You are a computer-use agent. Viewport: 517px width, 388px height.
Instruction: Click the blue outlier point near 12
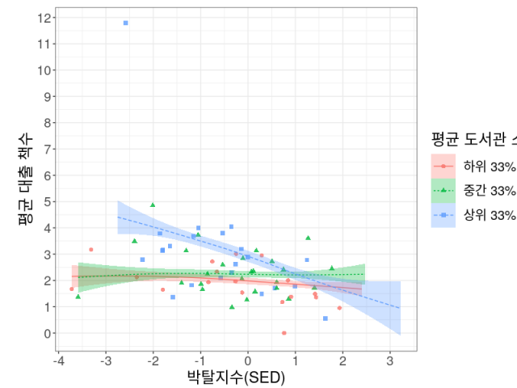tap(125, 23)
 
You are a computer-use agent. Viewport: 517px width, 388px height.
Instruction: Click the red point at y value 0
tap(284, 332)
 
